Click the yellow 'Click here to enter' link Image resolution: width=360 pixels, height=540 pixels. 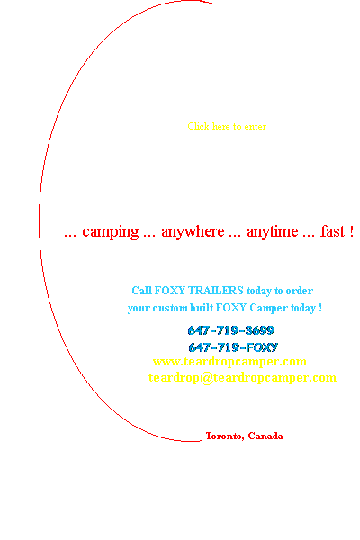coord(227,126)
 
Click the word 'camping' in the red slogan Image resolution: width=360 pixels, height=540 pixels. coord(110,232)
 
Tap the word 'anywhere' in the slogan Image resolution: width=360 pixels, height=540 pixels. coord(193,232)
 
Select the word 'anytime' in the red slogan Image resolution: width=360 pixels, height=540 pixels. coord(273,232)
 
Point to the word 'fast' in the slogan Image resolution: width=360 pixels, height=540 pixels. coord(332,231)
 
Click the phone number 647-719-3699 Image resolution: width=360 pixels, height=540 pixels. coord(231,330)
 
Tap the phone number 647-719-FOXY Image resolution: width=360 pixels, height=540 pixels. coord(233,347)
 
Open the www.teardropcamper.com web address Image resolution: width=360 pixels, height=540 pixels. coord(229,361)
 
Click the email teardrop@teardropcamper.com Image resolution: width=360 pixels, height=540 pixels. coord(242,377)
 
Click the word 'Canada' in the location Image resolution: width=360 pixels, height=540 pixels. coord(265,436)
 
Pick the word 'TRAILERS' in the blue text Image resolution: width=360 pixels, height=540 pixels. coord(216,291)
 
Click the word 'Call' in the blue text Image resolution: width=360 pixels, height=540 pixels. coord(142,291)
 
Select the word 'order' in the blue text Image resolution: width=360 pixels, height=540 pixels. coord(300,291)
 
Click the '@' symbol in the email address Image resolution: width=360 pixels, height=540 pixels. coord(206,378)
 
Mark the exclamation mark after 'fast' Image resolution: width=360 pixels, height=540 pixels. coord(351,231)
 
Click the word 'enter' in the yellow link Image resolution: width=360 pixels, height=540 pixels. coord(256,127)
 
